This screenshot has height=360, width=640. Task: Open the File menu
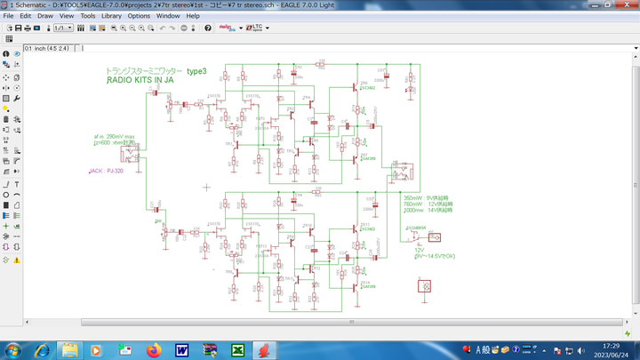point(8,16)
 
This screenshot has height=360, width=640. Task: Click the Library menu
point(111,16)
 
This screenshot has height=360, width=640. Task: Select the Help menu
point(193,16)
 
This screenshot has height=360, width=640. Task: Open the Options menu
point(139,16)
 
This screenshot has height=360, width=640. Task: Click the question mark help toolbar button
point(208,28)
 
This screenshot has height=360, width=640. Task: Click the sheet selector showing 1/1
point(63,28)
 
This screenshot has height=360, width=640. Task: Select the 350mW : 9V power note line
point(428,197)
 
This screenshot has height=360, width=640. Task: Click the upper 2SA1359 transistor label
point(367,159)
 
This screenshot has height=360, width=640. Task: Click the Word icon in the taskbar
point(181,349)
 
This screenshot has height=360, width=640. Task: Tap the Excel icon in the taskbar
point(238,349)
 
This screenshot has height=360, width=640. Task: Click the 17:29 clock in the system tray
point(612,346)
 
